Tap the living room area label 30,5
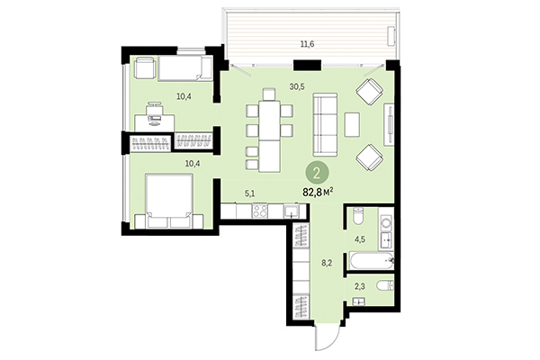coord(296,87)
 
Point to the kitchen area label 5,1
coord(250,191)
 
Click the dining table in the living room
coord(270,135)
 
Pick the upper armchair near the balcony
coord(370,93)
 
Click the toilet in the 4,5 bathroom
coord(356,218)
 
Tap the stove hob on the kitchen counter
coord(259,211)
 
